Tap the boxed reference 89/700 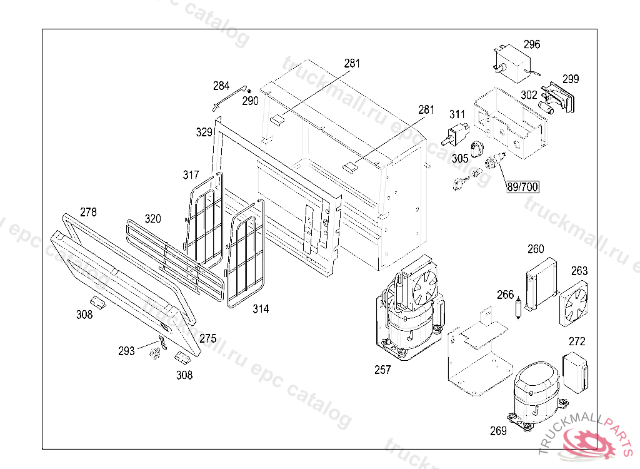(x=522, y=186)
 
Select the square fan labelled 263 (x=575, y=301)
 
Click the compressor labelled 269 (x=533, y=393)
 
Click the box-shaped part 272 (x=576, y=373)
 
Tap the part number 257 (x=382, y=370)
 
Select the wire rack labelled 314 (x=245, y=263)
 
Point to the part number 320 (x=152, y=219)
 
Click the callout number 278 (x=88, y=212)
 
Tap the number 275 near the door (x=208, y=338)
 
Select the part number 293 (x=126, y=351)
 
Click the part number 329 (x=204, y=132)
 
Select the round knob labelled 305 (x=478, y=147)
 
